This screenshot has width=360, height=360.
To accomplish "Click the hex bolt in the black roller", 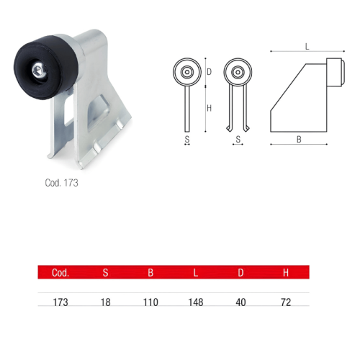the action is (38, 71).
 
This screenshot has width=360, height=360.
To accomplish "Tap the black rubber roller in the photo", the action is (45, 68).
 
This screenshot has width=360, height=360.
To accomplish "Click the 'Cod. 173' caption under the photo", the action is (61, 183).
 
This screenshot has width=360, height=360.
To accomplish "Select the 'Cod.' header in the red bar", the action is (60, 273).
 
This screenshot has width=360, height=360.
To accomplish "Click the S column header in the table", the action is (105, 273).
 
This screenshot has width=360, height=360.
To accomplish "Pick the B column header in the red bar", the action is (150, 273).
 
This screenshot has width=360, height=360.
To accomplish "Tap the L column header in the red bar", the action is (196, 273).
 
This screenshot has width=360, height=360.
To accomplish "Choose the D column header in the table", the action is (240, 273).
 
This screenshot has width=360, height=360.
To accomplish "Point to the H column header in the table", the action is (286, 273).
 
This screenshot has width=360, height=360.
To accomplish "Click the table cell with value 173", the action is (60, 302).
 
